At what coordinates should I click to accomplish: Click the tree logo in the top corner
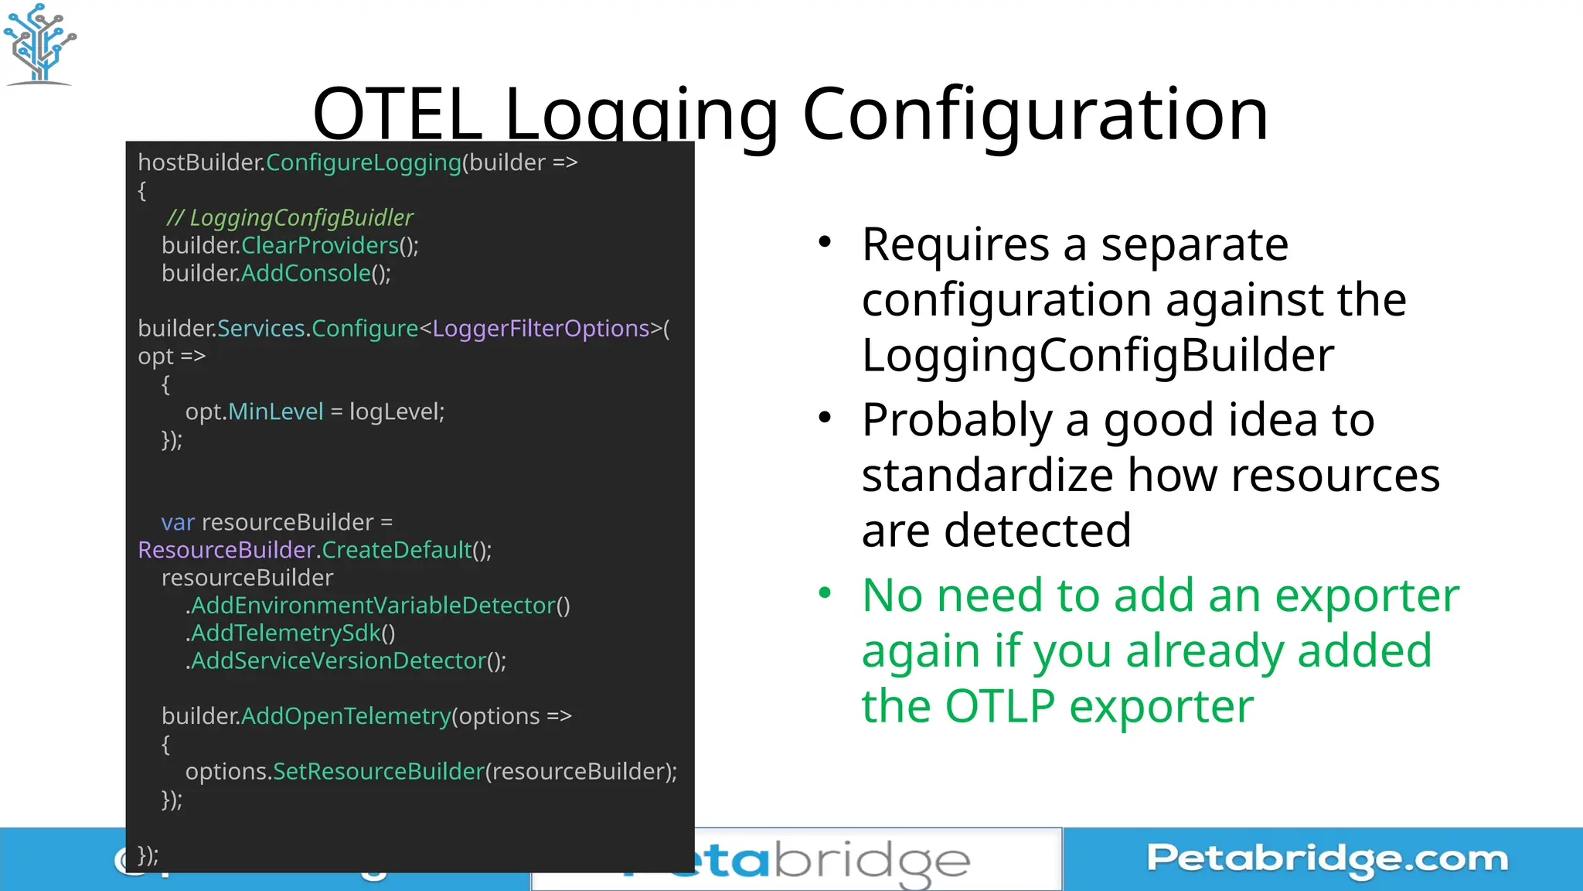coord(39,43)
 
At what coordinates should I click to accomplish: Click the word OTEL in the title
coord(397,114)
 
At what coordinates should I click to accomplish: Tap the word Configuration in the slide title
coord(1035,114)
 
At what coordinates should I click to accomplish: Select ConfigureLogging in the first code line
coord(363,162)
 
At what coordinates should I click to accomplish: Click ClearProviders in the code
coord(319,246)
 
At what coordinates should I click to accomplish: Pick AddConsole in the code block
coord(306,274)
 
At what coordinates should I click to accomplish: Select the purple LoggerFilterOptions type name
coord(541,329)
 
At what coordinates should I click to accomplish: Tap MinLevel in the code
coord(276,412)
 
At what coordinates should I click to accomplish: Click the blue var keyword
coord(178,523)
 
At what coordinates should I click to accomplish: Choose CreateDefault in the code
coord(397,551)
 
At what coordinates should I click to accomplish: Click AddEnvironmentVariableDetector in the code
coord(373,606)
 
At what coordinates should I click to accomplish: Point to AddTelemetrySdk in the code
coord(286,633)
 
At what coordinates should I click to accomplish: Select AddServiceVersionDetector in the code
coord(339,661)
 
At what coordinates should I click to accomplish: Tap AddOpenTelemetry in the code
coord(346,717)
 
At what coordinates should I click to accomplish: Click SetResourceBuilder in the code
coord(379,772)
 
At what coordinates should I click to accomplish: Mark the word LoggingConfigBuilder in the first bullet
coord(1098,355)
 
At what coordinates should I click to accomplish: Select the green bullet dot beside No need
coord(826,594)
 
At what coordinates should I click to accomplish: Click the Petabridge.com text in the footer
coord(1326,859)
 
